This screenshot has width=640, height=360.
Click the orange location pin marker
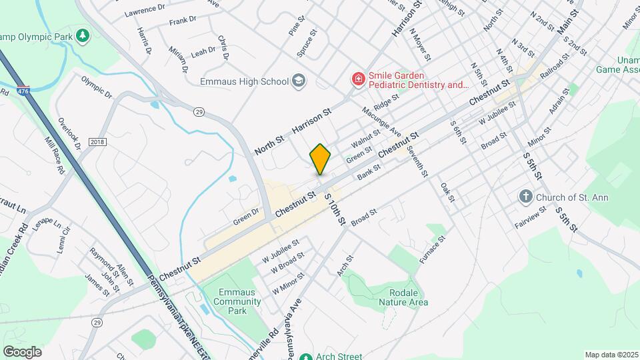coord(321,159)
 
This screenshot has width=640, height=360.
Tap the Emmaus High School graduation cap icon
coord(299,81)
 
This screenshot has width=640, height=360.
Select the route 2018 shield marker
coord(98,142)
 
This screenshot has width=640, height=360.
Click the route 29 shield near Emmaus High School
coord(199,112)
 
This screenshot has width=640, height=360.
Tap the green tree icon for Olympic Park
coord(83,35)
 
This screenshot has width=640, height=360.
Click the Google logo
coord(22,351)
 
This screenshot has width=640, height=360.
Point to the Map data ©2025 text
coord(611,355)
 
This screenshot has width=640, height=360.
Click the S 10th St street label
coord(334,209)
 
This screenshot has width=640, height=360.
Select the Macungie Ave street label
coord(382,121)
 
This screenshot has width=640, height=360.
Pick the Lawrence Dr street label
coord(145,9)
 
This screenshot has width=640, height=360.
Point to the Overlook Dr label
coord(69,134)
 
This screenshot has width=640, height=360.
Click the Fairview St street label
coord(531,217)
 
